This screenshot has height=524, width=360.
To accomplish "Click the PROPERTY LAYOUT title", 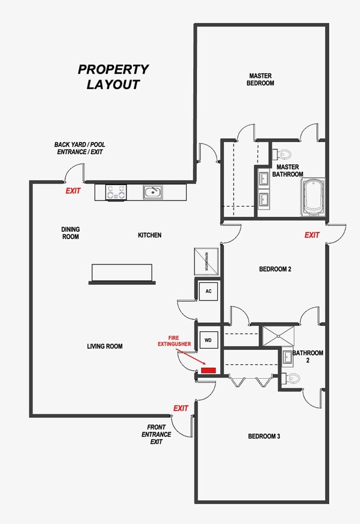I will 113,77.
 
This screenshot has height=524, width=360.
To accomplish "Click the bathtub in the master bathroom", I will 312,196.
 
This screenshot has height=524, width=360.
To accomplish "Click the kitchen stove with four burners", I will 116,192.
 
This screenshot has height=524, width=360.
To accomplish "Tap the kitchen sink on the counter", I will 152,192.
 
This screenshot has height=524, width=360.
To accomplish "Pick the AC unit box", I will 208,292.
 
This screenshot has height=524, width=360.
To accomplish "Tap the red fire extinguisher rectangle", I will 208,370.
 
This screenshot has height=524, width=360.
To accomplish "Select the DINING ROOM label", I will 70,232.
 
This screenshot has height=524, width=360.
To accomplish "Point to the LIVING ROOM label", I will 105,346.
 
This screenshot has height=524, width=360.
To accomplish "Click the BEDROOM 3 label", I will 264,436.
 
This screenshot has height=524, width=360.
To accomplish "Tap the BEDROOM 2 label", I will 275,269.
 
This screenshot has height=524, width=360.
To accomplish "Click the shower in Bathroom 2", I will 277,336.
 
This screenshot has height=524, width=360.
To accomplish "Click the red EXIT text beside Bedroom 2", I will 312,235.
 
